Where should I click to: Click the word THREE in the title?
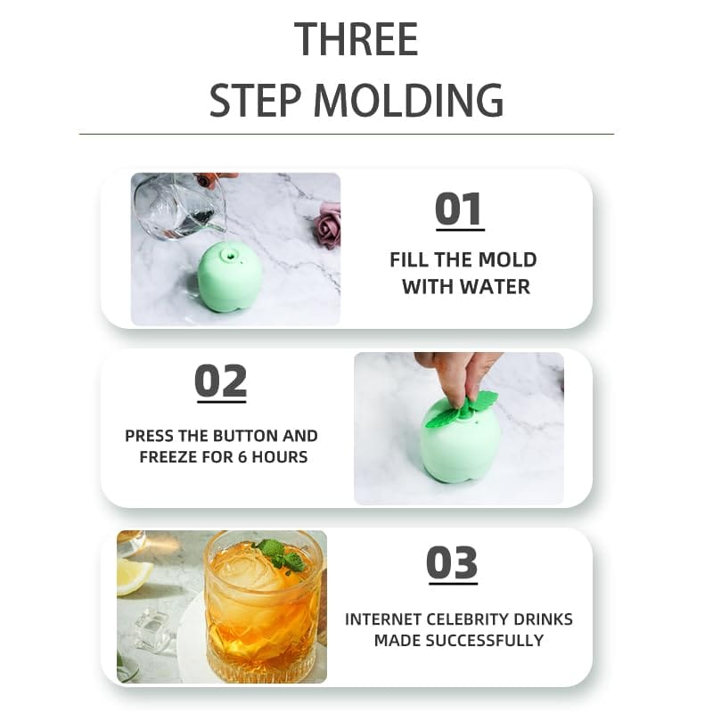tap(356, 39)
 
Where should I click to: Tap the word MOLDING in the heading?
tap(408, 100)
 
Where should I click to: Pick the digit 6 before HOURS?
tap(242, 456)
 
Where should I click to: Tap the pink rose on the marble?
tap(327, 225)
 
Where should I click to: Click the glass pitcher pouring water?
tap(181, 207)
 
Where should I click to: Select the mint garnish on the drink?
tap(280, 554)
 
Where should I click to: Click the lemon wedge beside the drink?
tap(132, 577)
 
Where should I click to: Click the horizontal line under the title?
tap(347, 135)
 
